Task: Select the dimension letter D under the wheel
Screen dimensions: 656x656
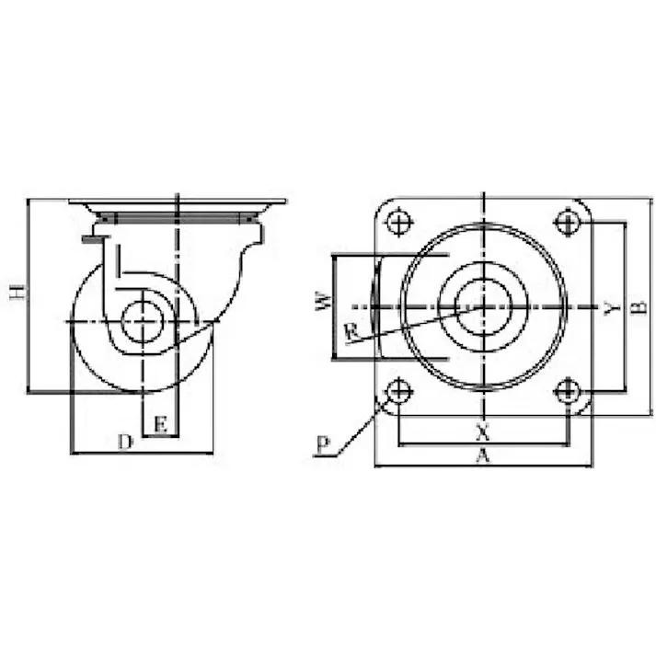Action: tap(125, 442)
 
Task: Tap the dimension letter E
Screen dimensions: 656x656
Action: tap(161, 424)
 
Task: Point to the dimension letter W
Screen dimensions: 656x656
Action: tap(324, 302)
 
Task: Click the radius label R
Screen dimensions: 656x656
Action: tap(351, 332)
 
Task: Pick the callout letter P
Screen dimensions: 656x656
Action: tap(323, 446)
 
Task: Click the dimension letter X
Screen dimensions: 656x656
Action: tap(483, 432)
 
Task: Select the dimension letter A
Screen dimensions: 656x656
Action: tap(483, 455)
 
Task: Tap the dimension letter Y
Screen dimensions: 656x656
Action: tap(613, 308)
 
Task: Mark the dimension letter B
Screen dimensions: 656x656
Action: tap(639, 307)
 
